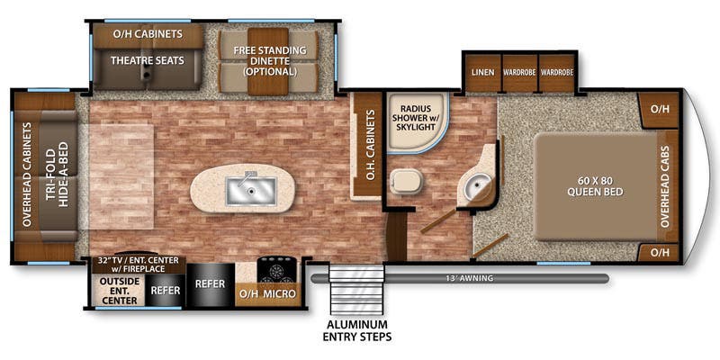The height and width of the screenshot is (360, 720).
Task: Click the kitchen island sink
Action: click(251, 191)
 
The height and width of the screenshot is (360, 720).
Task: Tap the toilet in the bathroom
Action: click(406, 181)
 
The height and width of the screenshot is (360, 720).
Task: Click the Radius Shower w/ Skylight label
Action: click(416, 118)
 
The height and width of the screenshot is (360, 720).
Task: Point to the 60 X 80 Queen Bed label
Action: click(595, 186)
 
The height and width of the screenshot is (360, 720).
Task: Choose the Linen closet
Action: click(483, 74)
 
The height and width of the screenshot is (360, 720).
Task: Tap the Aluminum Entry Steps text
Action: click(356, 330)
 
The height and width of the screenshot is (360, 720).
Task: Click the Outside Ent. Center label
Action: click(119, 291)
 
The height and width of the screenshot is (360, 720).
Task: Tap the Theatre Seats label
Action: click(148, 60)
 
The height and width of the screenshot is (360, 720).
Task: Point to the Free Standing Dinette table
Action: click(267, 61)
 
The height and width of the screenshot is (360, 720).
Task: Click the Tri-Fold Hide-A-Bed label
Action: click(57, 177)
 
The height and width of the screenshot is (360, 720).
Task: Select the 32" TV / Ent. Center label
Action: click(138, 265)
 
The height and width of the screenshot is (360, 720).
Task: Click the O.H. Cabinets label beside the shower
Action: click(372, 144)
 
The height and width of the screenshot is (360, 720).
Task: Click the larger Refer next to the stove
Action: click(211, 283)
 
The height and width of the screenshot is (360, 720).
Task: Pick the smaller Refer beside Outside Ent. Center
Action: click(166, 291)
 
